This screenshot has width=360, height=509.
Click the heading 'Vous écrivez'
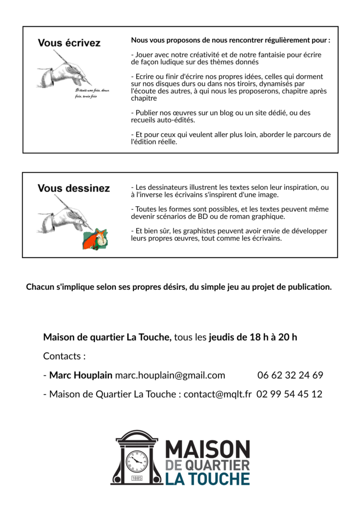click(69, 43)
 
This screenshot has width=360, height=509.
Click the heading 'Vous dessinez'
click(74, 188)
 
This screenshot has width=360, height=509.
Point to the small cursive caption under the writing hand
click(92, 93)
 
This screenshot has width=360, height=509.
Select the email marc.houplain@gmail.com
click(170, 375)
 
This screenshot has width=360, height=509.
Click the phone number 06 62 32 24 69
click(290, 375)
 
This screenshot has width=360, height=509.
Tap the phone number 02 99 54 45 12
click(289, 394)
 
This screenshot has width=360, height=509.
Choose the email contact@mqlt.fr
click(217, 394)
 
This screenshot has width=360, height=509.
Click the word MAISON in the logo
click(207, 449)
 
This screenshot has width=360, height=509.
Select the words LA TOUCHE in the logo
click(207, 479)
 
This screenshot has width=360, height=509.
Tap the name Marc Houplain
click(81, 375)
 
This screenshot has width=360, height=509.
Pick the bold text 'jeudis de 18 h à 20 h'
click(253, 338)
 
